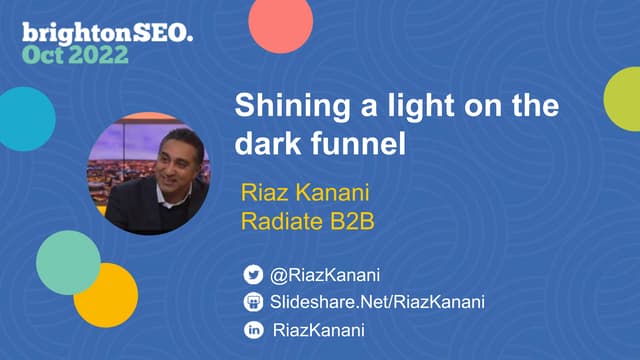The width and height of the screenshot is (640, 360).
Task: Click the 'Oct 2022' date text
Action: pyautogui.click(x=76, y=54)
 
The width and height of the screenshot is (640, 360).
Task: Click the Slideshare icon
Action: pyautogui.click(x=254, y=302)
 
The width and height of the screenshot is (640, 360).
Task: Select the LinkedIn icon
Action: pyautogui.click(x=254, y=330)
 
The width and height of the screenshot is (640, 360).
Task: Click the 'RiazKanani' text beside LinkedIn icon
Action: pyautogui.click(x=319, y=330)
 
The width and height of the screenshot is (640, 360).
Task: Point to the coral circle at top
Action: pyautogui.click(x=281, y=22)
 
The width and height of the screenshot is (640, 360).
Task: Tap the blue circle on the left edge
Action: pyautogui.click(x=24, y=118)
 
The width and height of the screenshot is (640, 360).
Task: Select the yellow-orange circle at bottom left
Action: pyautogui.click(x=106, y=294)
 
